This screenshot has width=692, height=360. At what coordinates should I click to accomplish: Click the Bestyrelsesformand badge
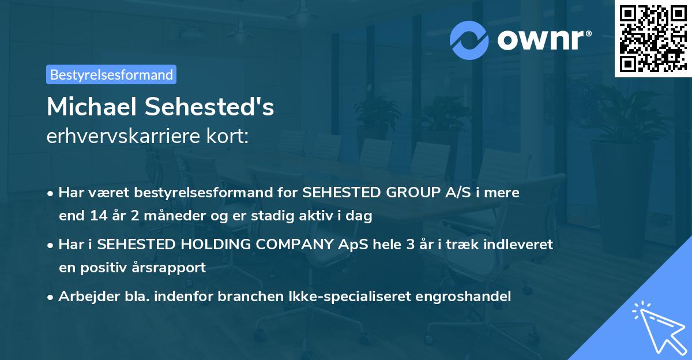click(111, 74)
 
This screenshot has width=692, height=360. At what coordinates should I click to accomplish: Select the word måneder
click(152, 216)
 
